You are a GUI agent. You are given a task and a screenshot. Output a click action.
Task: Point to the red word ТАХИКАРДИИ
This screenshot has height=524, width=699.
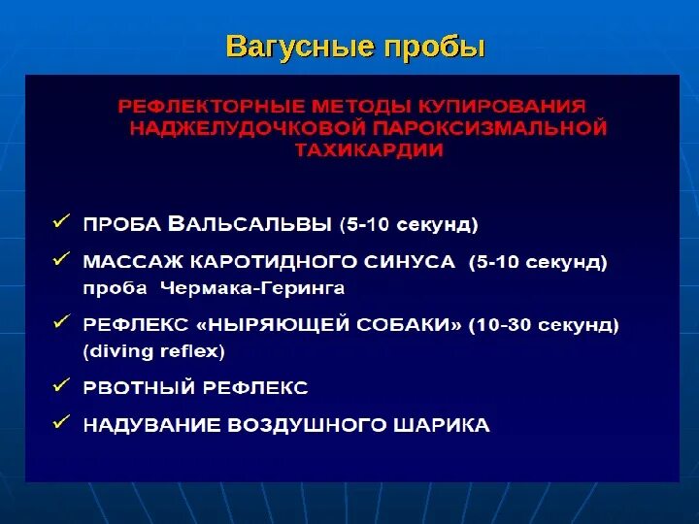(x=364, y=150)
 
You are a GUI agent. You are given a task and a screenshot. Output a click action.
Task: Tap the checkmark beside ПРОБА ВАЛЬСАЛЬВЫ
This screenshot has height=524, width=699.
(x=61, y=222)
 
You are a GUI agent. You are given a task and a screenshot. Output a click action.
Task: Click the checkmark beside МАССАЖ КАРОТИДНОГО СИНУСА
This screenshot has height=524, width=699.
(x=61, y=259)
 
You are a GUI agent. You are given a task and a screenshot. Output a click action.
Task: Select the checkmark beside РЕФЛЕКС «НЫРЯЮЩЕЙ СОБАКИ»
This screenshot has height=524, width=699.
(x=61, y=321)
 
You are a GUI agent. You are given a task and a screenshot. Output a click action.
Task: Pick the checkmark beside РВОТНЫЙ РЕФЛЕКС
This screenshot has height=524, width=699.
(x=61, y=385)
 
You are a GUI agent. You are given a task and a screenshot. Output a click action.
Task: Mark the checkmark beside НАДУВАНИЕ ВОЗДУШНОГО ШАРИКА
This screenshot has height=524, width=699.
(x=61, y=423)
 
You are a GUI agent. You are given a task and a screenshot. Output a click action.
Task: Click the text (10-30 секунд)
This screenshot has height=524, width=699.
(x=545, y=325)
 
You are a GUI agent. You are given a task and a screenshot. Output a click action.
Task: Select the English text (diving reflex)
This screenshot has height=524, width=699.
(x=154, y=350)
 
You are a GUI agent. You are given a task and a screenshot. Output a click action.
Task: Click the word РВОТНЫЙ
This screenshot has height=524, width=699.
(x=137, y=388)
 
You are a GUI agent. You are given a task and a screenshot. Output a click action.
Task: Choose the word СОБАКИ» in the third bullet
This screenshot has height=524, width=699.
(x=412, y=325)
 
